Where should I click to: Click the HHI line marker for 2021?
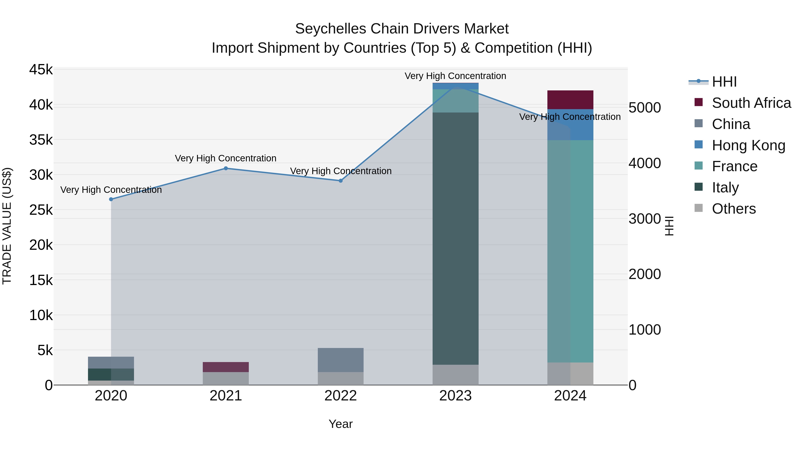coord(226,169)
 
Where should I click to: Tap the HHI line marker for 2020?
coord(111,199)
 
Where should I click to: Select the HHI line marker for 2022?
coord(341,181)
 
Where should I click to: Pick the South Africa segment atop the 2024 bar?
coord(570,100)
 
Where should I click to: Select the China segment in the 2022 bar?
coord(341,360)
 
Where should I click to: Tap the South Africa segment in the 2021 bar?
coord(226,367)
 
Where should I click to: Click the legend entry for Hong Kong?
coord(748,145)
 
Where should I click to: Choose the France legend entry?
coord(734,166)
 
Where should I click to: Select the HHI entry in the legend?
coord(724,82)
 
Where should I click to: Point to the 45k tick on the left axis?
coord(41,70)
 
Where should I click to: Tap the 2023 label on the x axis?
coord(455,396)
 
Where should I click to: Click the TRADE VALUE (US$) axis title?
coord(7,226)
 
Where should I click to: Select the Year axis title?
coord(341,424)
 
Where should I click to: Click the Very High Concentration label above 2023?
coord(455,76)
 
